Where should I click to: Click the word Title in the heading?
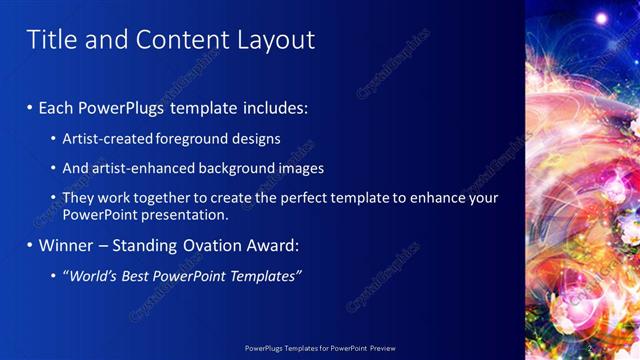click(x=47, y=39)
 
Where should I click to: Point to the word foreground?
click(x=192, y=139)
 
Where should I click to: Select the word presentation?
click(x=191, y=214)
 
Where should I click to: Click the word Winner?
click(x=66, y=245)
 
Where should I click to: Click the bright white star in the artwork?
click(x=602, y=18)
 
